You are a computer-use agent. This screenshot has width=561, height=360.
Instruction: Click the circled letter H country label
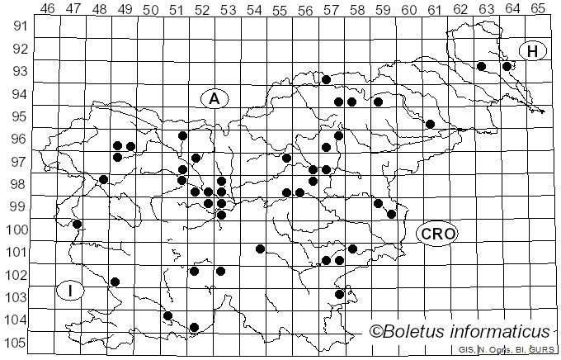533,51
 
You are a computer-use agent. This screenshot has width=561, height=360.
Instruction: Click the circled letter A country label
214,98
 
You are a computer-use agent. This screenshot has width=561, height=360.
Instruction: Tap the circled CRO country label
436,234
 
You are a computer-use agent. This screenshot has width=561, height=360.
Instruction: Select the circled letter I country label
71,291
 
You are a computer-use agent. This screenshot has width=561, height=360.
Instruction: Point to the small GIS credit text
467,350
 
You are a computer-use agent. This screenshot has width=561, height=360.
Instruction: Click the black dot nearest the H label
507,66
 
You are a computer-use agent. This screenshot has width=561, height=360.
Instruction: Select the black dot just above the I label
115,282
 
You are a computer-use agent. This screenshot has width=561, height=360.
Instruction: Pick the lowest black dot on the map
195,328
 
